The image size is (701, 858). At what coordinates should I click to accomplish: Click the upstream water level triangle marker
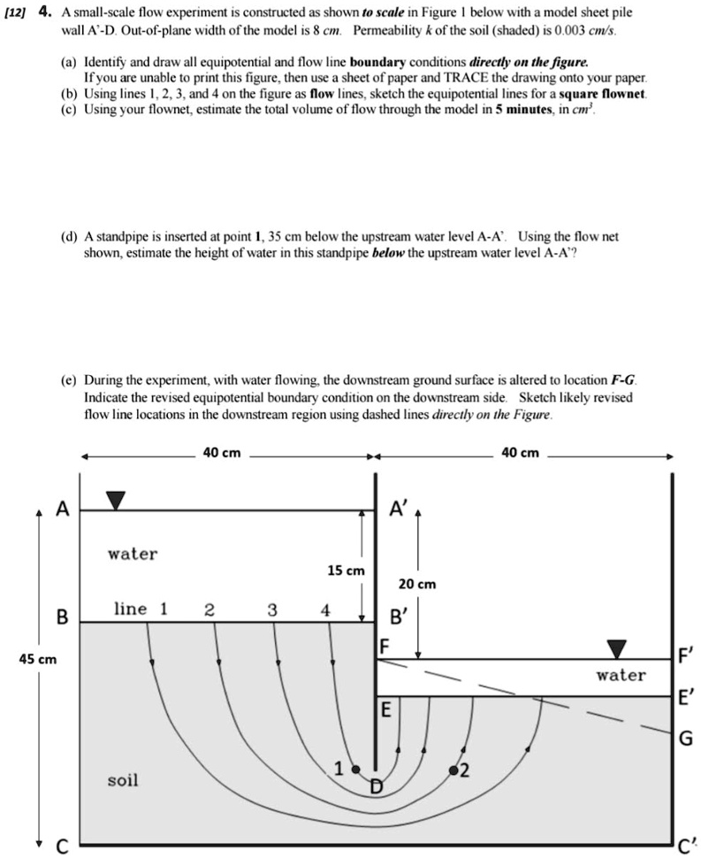coord(116,500)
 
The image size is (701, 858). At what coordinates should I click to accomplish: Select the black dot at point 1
coord(356,769)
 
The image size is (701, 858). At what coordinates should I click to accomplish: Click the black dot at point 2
coord(453,770)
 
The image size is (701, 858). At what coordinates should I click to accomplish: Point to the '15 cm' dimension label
coord(345,571)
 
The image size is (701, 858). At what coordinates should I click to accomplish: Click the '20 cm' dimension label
coord(416,585)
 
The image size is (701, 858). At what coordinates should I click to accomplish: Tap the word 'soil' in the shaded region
coord(123,780)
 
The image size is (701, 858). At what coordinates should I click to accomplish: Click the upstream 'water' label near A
coord(133,554)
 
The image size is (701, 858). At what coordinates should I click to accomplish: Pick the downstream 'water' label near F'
coord(621,675)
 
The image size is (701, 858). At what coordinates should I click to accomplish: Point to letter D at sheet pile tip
coord(377,786)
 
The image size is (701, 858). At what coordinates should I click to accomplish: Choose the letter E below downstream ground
coord(385,709)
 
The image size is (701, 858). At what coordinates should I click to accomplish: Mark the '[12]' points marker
coord(17,13)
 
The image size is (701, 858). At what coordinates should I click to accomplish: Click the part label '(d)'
coord(69,237)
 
